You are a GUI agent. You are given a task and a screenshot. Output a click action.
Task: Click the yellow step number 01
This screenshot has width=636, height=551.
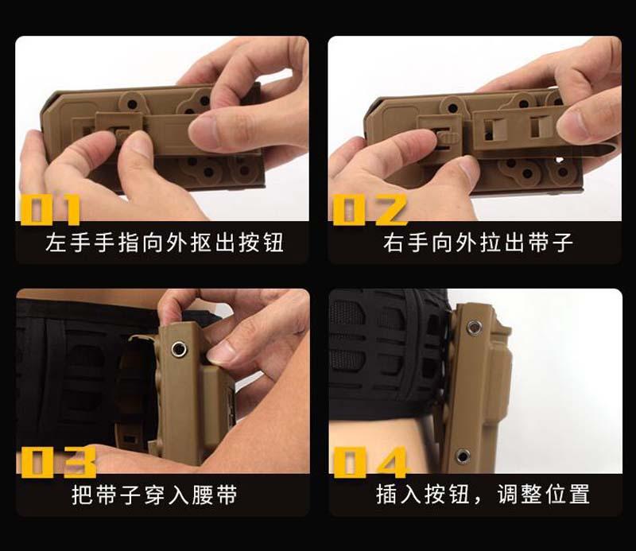pos(51,209)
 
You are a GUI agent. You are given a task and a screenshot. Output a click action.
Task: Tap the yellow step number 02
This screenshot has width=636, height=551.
pos(370,209)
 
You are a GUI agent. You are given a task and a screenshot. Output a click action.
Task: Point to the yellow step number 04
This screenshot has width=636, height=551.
pos(370,462)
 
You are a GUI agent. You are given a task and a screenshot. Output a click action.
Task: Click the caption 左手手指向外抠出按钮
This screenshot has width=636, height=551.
pos(165,243)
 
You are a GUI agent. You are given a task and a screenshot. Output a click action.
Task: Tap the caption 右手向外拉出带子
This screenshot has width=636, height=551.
pos(478,243)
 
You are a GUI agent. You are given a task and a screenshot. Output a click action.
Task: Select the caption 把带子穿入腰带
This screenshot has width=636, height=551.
pos(154,495)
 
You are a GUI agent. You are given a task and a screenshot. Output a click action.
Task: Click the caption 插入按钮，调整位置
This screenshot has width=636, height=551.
pos(483,495)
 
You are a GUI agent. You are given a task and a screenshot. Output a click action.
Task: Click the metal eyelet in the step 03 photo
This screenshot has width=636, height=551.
pos(178,348)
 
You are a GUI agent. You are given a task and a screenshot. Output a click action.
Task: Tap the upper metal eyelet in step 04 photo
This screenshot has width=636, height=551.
pos(474,326)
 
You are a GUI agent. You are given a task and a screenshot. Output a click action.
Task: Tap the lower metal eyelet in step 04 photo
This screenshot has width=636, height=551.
pos(462,456)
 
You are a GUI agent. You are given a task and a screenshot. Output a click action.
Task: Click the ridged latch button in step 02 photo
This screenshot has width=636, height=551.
pos(445,135)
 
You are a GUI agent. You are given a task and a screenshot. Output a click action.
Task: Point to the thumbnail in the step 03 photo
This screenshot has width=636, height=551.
pos(222,351)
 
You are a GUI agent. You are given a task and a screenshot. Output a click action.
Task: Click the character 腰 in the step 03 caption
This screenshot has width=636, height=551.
pos(203,495)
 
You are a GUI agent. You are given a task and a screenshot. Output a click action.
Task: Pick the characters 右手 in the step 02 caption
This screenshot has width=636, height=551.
pos(406,243)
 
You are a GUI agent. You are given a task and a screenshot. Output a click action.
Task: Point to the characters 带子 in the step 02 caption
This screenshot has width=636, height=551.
pos(550,243)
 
